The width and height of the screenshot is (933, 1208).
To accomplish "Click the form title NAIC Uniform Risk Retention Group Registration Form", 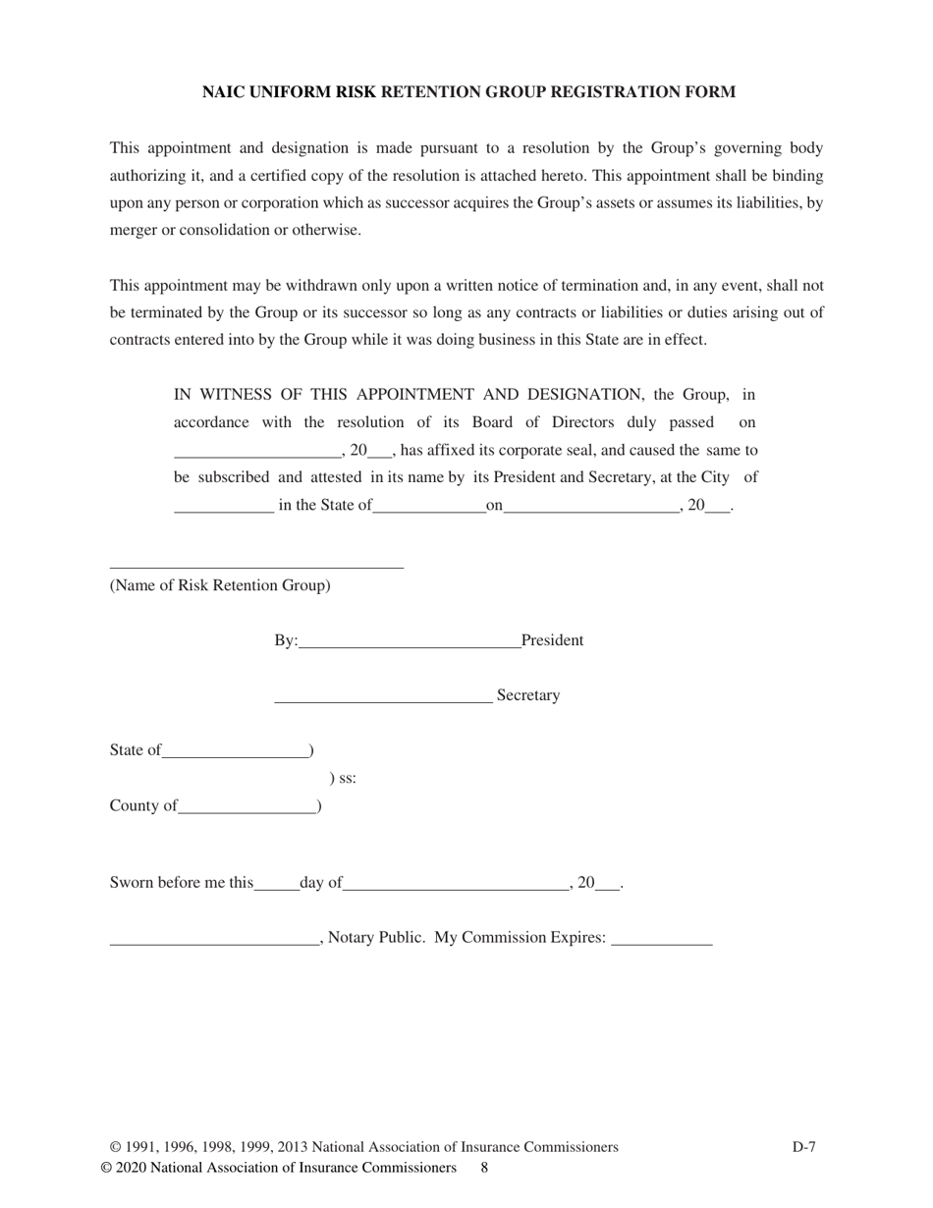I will click(x=468, y=92).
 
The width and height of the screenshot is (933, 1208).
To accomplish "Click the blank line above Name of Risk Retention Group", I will click(x=256, y=566).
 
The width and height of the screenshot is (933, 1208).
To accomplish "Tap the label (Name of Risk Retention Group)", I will click(x=220, y=585).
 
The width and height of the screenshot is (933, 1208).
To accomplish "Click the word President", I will click(x=552, y=640).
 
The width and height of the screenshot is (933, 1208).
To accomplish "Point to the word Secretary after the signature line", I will click(x=528, y=695).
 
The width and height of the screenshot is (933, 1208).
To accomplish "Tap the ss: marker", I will click(x=343, y=779).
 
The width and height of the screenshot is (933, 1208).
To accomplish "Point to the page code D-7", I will click(x=803, y=1146).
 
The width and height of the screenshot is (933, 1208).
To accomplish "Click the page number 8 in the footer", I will click(x=484, y=1168).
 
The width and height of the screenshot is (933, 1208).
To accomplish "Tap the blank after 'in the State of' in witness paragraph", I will click(x=429, y=511).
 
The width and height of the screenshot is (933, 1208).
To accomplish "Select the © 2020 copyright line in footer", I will click(x=278, y=1168).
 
